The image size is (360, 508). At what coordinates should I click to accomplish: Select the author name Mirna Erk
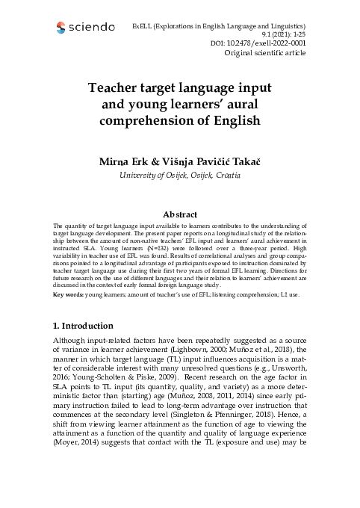125,162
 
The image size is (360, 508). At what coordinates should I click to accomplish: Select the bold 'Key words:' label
73,294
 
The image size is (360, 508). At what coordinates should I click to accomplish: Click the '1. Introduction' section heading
83,326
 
